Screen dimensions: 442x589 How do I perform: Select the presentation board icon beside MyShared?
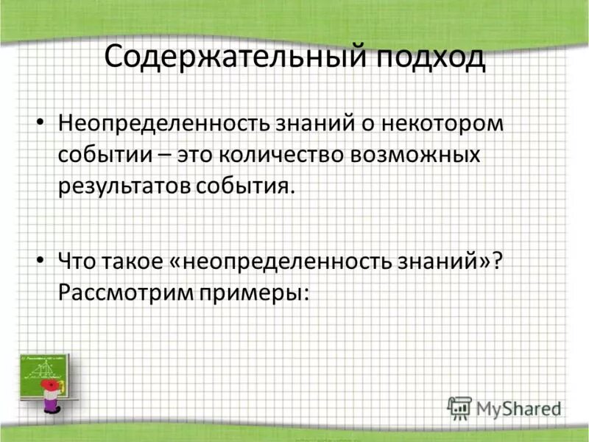click(459, 407)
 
